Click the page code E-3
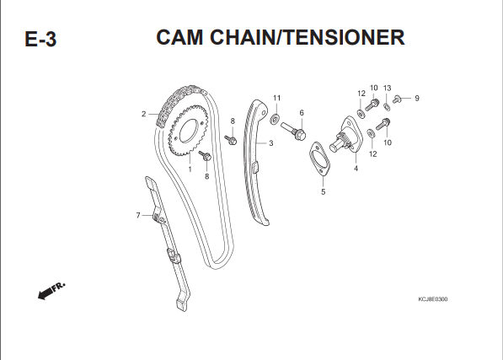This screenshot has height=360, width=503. tap(40, 40)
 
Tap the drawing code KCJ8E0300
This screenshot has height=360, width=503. tap(433, 299)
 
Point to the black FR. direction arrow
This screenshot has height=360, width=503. tap(51, 291)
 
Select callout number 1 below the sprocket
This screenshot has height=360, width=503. tap(190, 169)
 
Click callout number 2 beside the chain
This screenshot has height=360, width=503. tap(144, 114)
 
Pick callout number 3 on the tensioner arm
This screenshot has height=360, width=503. tap(271, 143)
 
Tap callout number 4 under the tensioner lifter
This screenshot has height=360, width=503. tap(356, 169)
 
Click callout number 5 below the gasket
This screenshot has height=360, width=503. tap(323, 191)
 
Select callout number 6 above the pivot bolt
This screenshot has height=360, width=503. tap(302, 113)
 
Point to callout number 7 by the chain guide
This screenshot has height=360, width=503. tap(138, 215)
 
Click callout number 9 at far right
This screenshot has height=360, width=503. tap(417, 98)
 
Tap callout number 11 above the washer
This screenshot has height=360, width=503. tap(276, 98)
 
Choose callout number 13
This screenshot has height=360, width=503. tap(388, 88)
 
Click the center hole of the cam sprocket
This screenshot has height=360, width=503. tap(188, 131)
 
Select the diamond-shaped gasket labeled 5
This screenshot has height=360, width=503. tap(319, 159)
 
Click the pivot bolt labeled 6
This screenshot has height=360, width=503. tap(293, 131)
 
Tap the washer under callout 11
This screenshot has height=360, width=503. tap(275, 119)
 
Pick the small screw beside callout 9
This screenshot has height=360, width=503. tap(397, 99)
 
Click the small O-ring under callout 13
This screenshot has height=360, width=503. tap(388, 107)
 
